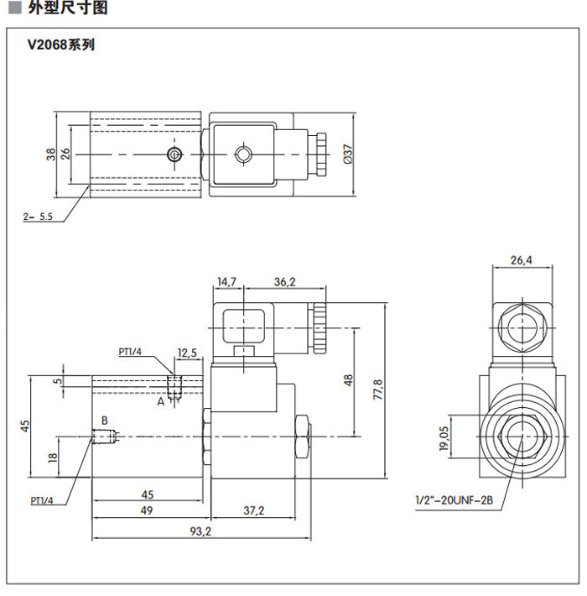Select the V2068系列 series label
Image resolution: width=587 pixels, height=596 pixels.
(x=61, y=45)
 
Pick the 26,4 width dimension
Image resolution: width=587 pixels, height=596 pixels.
(x=522, y=260)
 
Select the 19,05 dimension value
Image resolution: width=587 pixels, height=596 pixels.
(x=444, y=437)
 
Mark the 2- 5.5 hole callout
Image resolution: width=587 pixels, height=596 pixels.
(x=38, y=216)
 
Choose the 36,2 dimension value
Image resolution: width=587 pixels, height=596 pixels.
(x=285, y=282)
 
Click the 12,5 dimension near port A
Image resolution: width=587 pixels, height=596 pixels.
(x=187, y=353)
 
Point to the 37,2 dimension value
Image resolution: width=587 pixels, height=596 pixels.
(x=253, y=510)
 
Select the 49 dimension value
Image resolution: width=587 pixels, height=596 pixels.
(x=147, y=510)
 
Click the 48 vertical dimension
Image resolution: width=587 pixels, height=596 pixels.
(x=348, y=380)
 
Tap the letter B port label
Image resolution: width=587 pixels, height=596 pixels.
(x=105, y=420)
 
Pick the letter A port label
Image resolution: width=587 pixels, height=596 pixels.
(x=161, y=401)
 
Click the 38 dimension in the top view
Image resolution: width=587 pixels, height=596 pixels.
(x=51, y=154)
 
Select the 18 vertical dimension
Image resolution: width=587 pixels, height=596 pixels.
(x=52, y=457)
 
